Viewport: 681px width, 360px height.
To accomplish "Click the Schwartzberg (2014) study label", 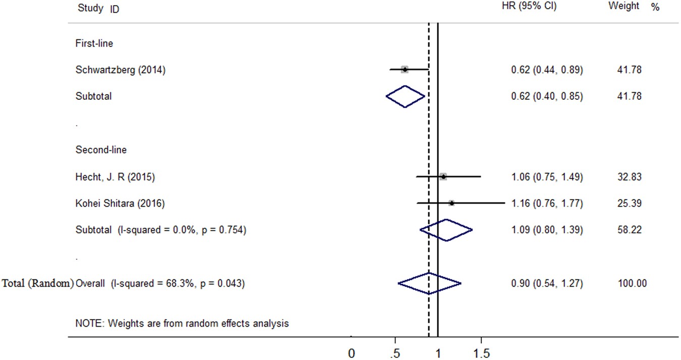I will [x=120, y=70].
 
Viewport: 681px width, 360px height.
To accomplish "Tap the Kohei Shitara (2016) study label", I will [x=120, y=204].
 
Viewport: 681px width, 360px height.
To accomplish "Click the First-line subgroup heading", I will [x=94, y=43].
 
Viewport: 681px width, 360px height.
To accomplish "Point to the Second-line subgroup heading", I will [x=101, y=150].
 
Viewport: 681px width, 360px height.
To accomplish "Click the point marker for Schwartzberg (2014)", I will [x=405, y=70].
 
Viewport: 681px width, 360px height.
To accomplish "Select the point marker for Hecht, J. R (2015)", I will [x=443, y=176].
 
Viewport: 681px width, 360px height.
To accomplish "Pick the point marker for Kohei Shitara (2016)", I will [x=451, y=203].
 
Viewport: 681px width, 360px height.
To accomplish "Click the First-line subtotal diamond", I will [x=405, y=96].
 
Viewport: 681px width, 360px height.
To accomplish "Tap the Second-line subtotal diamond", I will [x=446, y=230].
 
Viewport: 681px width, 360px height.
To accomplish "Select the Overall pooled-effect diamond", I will [x=429, y=283].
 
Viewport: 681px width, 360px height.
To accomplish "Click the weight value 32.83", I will [x=630, y=177].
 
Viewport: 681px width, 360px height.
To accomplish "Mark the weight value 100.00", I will [x=632, y=283].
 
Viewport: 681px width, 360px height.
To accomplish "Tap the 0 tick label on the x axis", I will [x=352, y=353].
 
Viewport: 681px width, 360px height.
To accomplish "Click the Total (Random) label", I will [x=38, y=283].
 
